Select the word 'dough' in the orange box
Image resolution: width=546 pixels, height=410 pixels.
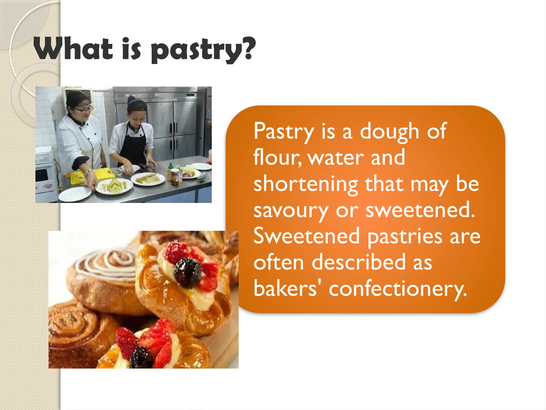[390, 131]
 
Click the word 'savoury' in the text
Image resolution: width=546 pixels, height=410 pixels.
[291, 211]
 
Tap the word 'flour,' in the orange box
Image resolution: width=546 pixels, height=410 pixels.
[277, 157]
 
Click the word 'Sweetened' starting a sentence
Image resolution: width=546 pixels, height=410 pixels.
[307, 236]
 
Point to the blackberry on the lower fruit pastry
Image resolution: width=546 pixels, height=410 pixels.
[141, 357]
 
